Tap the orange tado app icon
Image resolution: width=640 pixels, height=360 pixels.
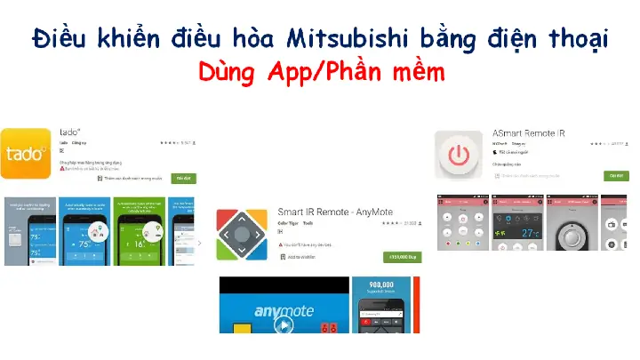tap(26, 154)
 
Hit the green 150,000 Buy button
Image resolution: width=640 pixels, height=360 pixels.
tap(402, 257)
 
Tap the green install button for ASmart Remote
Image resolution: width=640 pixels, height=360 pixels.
tap(615, 176)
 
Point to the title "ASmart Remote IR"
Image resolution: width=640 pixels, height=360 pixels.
tap(529, 133)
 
